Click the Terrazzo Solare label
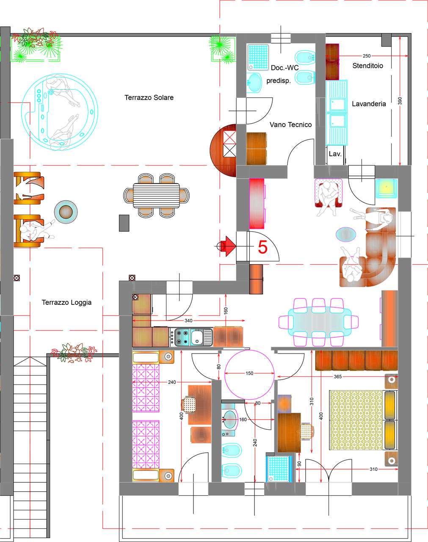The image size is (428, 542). tap(149, 97)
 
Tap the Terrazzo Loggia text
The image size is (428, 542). tap(66, 302)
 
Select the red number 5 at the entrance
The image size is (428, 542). tap(262, 247)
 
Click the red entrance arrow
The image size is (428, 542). tap(229, 246)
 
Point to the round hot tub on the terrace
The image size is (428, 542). tap(59, 112)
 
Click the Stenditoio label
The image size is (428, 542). tap(367, 66)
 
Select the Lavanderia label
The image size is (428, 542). tap(369, 104)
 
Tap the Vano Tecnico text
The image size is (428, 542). tap(290, 124)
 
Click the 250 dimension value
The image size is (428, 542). tap(367, 55)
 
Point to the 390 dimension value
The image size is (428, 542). tap(400, 101)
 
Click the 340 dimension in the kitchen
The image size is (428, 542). tap(188, 321)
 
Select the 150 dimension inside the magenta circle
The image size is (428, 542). tap(249, 373)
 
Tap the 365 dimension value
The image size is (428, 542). tap(338, 376)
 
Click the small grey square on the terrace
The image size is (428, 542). tap(124, 223)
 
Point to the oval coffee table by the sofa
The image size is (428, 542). tap(346, 235)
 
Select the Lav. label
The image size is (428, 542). tap(335, 154)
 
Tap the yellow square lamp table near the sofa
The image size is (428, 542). tap(386, 188)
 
